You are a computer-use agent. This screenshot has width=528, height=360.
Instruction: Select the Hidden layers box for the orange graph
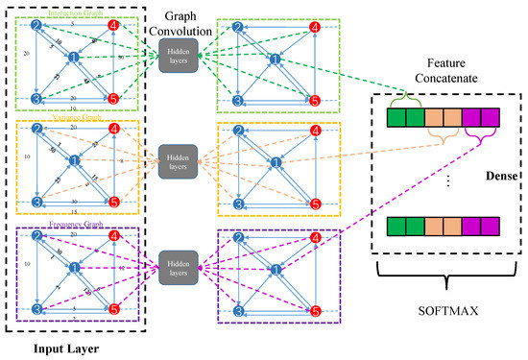point(178,159)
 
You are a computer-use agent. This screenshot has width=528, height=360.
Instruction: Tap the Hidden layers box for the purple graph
point(178,262)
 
